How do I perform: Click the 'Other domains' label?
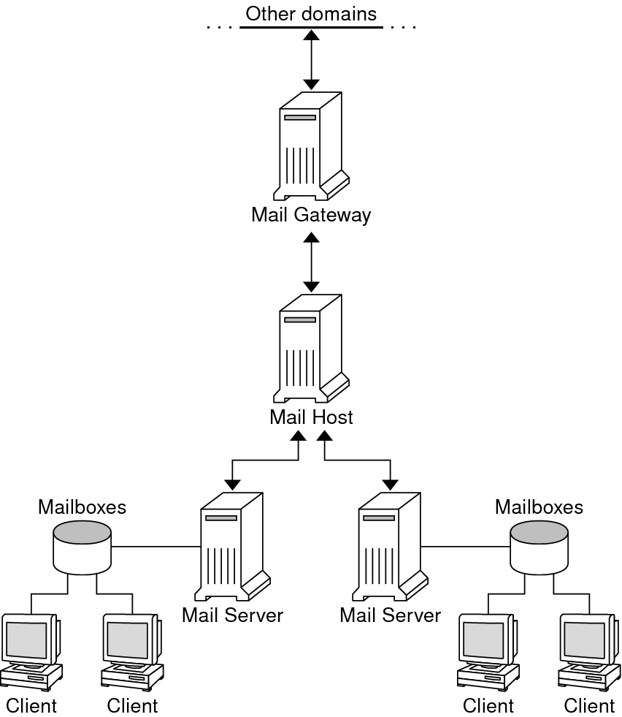(311, 14)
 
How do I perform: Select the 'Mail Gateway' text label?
(311, 215)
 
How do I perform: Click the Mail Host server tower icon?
(311, 348)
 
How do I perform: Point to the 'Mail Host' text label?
(311, 417)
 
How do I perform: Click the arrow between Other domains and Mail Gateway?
(312, 60)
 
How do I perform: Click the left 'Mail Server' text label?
(232, 615)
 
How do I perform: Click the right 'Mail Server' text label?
(391, 615)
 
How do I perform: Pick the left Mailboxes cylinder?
(82, 546)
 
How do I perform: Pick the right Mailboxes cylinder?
(539, 546)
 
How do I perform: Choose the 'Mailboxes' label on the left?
(82, 507)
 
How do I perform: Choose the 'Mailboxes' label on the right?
(539, 507)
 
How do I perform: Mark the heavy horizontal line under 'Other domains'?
(311, 28)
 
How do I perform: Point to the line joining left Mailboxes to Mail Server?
(155, 546)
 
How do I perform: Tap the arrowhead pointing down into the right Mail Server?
(391, 484)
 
